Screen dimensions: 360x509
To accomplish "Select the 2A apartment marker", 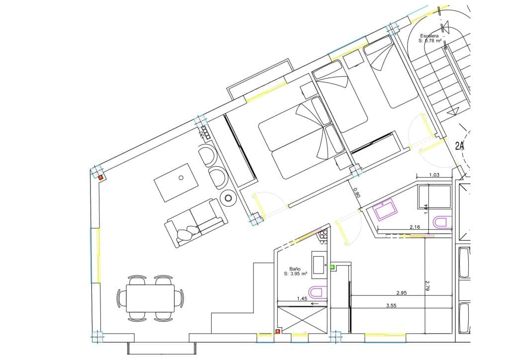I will click(460, 146).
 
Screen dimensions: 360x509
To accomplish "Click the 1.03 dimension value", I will click(435, 175).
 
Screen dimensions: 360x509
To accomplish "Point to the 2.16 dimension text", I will click(416, 227).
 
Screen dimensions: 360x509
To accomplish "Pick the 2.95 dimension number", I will click(402, 293).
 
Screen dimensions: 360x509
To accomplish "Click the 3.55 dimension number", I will click(392, 306).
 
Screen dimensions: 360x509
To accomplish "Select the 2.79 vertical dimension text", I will click(427, 285).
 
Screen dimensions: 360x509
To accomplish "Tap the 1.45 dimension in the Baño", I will click(301, 299).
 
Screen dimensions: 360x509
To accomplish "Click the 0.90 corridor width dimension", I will click(356, 192).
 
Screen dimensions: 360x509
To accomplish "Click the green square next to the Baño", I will click(332, 267).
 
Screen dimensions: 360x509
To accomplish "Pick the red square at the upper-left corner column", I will click(100, 177).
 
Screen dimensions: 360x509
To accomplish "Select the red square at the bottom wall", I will click(278, 332).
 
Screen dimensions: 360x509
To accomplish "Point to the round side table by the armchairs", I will click(228, 198).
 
